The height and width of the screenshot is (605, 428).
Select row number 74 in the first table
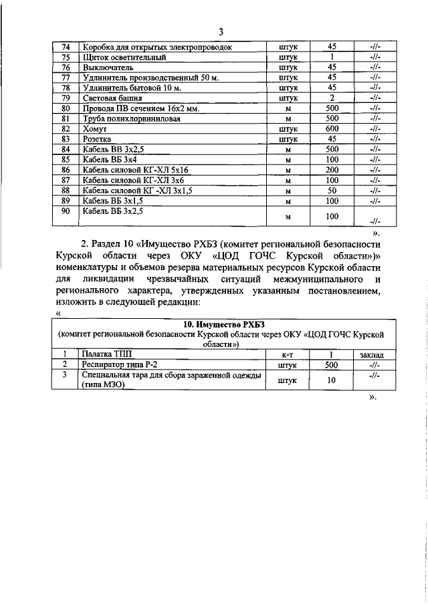coord(66,47)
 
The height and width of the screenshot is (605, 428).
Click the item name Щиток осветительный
coord(124,57)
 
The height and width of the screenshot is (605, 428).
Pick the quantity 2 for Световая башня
coord(332,98)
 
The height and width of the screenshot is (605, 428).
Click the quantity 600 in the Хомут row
coord(332,128)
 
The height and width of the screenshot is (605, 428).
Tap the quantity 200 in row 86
coord(332,170)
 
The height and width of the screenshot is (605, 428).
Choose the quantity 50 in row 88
coord(332,191)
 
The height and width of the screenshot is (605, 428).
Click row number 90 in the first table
coord(66,212)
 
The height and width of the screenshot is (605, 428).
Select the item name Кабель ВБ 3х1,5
coord(112,201)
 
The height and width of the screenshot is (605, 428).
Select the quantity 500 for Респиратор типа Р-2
coord(331,364)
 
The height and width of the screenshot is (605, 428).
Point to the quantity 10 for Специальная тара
coord(331,380)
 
